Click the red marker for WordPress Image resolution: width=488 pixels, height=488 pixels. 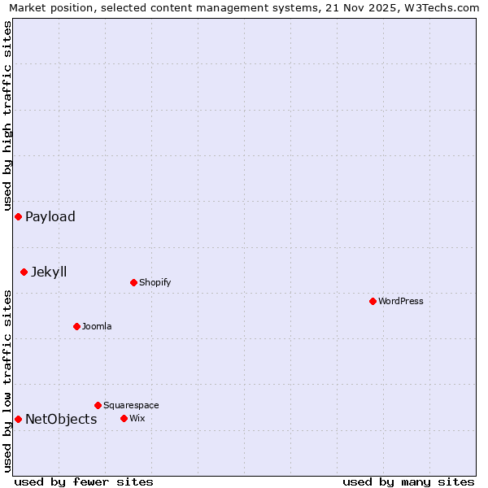[x=373, y=301]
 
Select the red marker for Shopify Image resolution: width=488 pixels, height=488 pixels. [x=133, y=282]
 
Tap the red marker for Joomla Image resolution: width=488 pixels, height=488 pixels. [x=76, y=326]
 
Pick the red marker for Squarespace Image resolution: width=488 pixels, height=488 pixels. [x=98, y=405]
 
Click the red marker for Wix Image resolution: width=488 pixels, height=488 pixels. [x=124, y=418]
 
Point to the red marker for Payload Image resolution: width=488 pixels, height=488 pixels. [x=18, y=216]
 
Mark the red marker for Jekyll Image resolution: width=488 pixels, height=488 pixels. [x=24, y=272]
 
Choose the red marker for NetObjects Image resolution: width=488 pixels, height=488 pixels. [x=18, y=419]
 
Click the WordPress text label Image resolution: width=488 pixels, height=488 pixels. [x=401, y=302]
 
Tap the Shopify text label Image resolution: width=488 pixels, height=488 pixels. [x=155, y=283]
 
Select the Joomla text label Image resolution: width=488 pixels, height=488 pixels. [x=97, y=327]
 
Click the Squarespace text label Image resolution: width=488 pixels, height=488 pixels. [x=131, y=406]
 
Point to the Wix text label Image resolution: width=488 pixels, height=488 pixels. [x=137, y=419]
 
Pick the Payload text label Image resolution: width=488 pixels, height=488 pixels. [x=50, y=217]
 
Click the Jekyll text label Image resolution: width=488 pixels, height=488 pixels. [x=49, y=272]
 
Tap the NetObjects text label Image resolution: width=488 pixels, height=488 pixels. [x=61, y=420]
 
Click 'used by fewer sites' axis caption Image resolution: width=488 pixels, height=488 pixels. [x=84, y=481]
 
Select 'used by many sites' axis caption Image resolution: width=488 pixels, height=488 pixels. [x=408, y=481]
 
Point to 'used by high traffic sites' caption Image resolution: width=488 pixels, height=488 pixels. [x=8, y=116]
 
